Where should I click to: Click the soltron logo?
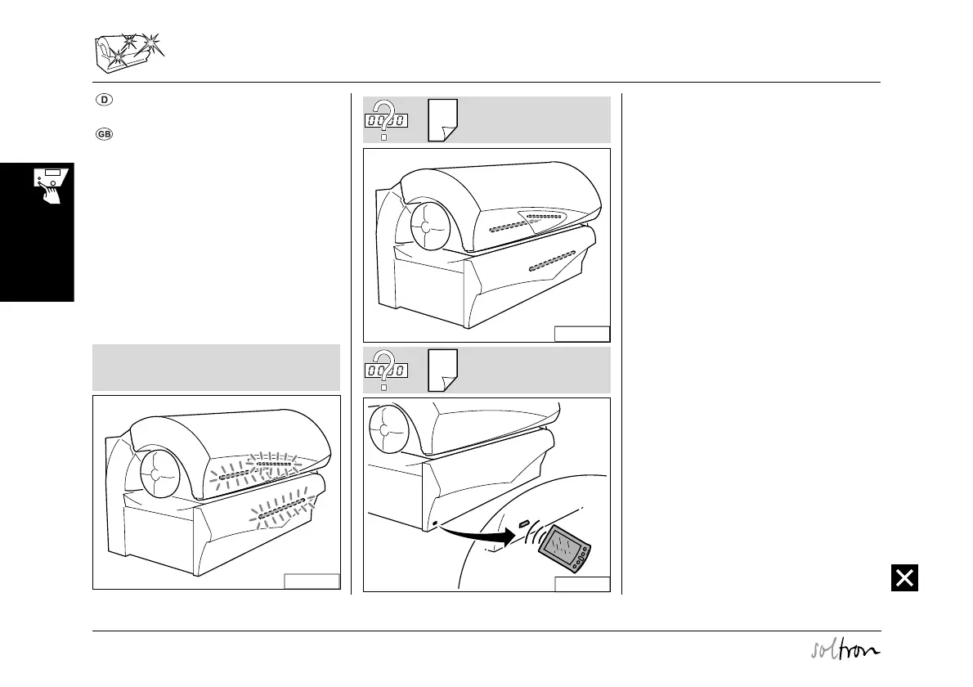tap(842, 651)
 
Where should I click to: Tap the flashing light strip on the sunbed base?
tap(282, 508)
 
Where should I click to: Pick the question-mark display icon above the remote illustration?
tap(385, 369)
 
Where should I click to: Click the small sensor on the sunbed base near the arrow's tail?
tap(435, 523)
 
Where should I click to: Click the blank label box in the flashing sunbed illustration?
tap(312, 581)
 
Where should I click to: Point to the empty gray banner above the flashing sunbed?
tap(216, 367)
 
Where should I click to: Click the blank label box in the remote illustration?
tap(582, 583)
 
